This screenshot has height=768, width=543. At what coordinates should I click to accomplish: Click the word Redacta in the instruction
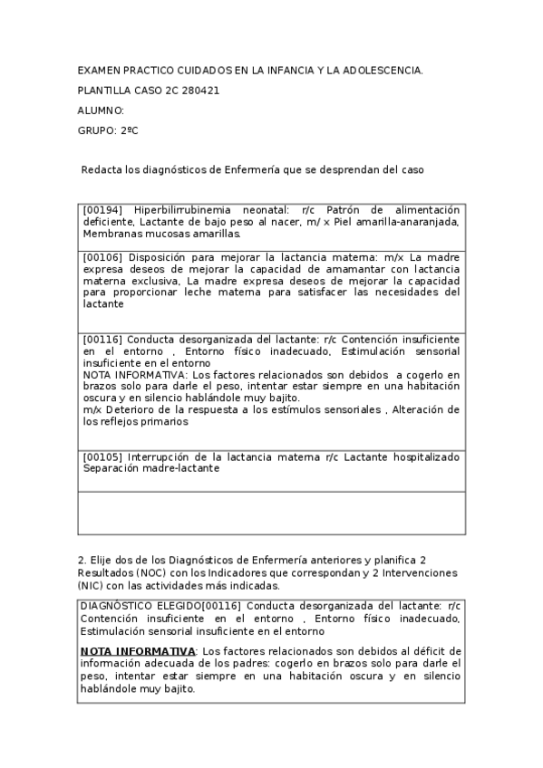pyautogui.click(x=102, y=169)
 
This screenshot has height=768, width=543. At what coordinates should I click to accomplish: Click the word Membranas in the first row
pyautogui.click(x=110, y=233)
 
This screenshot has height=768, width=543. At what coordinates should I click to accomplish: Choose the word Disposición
pyautogui.click(x=168, y=258)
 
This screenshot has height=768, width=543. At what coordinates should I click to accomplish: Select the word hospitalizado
pyautogui.click(x=423, y=456)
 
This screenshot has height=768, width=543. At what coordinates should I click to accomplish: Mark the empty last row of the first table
pyautogui.click(x=272, y=514)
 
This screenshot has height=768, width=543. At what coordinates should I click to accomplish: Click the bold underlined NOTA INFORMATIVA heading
pyautogui.click(x=138, y=651)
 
